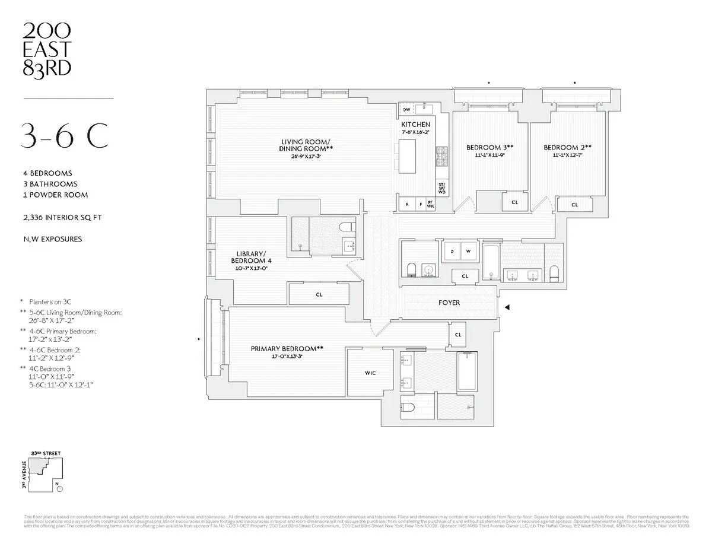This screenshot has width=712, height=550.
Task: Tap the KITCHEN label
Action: pyautogui.click(x=416, y=125)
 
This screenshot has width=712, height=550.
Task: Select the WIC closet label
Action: pyautogui.click(x=370, y=373)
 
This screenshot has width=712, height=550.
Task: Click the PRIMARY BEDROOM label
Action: pyautogui.click(x=287, y=349)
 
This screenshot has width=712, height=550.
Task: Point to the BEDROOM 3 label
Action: pyautogui.click(x=489, y=147)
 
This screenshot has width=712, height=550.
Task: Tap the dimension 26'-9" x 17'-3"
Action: pyautogui.click(x=306, y=157)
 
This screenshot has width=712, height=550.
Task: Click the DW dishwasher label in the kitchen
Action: pyautogui.click(x=406, y=110)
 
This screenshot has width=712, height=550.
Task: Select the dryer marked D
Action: pyautogui.click(x=453, y=251)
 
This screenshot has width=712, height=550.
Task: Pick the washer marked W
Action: pyautogui.click(x=468, y=251)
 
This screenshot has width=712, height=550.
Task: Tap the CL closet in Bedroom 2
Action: pyautogui.click(x=574, y=205)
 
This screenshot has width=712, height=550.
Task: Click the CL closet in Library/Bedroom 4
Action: pyautogui.click(x=319, y=294)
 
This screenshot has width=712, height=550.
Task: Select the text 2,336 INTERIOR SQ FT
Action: pyautogui.click(x=64, y=218)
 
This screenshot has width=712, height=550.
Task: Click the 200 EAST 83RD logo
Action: pyautogui.click(x=47, y=49)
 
